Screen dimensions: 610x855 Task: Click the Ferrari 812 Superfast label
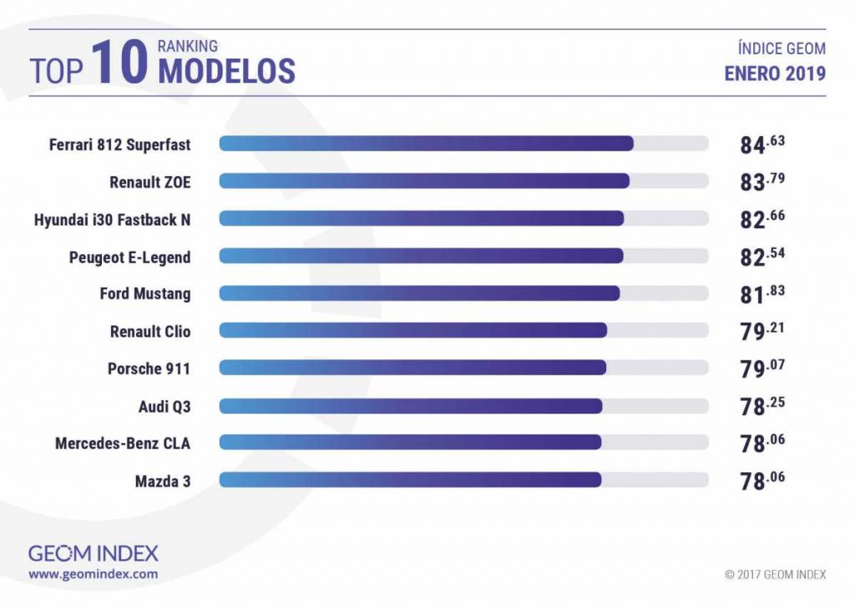point(119,145)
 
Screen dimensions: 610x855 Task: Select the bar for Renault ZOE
point(424,181)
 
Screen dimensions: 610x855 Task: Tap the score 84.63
point(762,145)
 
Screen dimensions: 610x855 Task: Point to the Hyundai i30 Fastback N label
point(112,219)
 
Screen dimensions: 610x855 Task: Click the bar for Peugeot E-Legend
point(422,256)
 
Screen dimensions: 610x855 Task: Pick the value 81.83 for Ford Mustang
point(762,293)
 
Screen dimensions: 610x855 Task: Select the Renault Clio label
point(150,331)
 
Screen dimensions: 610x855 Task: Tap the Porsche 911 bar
point(412,368)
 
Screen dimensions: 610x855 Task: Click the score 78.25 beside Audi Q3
point(762,405)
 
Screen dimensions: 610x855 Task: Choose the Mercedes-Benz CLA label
point(123,443)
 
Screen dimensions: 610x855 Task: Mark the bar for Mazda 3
point(410,480)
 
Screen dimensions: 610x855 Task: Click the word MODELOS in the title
point(226,71)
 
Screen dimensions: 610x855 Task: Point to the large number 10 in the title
point(120,64)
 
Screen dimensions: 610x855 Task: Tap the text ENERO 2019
point(775,74)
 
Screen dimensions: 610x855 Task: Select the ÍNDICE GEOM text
point(780,49)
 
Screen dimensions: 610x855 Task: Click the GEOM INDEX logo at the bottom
point(93,553)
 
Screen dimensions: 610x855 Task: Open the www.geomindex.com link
point(93,574)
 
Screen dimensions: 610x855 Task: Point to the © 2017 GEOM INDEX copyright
point(776,574)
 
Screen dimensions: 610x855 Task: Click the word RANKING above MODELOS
point(188,46)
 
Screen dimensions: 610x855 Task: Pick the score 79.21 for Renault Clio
point(762,331)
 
